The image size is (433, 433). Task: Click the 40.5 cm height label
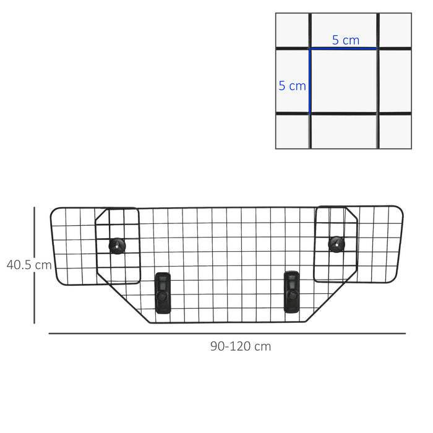pyautogui.click(x=29, y=265)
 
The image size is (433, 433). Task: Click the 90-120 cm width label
pyautogui.click(x=240, y=346)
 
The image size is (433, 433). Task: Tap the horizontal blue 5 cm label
pyautogui.click(x=345, y=40)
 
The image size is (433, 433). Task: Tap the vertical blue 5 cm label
pyautogui.click(x=292, y=86)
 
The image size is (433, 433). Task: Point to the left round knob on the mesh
pyautogui.click(x=117, y=245)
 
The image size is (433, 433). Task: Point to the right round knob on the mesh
pyautogui.click(x=337, y=243)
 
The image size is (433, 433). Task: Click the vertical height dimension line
pyautogui.click(x=35, y=265)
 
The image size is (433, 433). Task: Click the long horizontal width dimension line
pyautogui.click(x=226, y=333)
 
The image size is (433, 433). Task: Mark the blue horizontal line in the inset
pyautogui.click(x=344, y=48)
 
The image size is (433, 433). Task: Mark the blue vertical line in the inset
pyautogui.click(x=310, y=81)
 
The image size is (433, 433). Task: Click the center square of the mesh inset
pyautogui.click(x=344, y=81)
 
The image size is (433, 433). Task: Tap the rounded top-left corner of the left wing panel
pyautogui.click(x=53, y=212)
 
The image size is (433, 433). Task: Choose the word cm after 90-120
pyautogui.click(x=263, y=346)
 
